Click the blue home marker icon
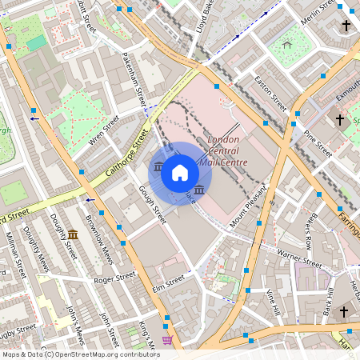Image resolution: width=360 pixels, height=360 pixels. click(180, 172)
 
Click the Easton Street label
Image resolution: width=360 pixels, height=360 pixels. click(270, 93)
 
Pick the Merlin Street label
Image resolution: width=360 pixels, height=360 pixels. click(316, 16)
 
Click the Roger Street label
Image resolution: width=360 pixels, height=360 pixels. click(114, 279)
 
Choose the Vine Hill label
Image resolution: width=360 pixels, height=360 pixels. click(273, 302)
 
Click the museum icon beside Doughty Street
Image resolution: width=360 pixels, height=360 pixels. click(73, 234)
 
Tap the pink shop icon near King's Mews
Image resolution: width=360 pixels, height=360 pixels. click(166, 340)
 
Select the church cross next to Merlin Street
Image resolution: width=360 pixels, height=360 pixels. click(346, 26)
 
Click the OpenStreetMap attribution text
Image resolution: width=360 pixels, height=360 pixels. click(80, 354)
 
